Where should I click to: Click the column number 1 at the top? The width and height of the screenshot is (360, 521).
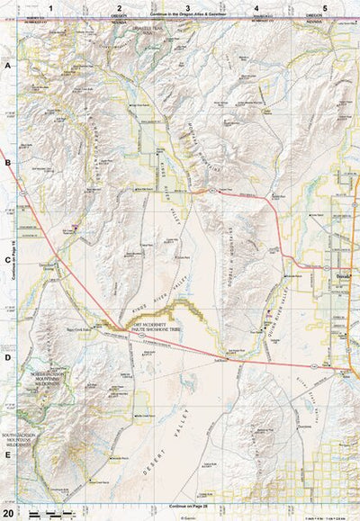pos(50,7)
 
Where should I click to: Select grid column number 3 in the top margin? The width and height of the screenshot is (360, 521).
pos(187,7)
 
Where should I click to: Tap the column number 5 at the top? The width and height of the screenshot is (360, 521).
pos(324,7)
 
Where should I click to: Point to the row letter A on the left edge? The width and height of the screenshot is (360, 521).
pos(7,67)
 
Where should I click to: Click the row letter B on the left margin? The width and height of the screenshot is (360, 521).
pos(7,163)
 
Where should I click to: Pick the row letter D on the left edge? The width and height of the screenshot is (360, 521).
pos(7,357)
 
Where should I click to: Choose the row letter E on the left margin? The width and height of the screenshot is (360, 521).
pos(7,454)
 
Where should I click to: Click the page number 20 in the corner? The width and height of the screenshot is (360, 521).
pos(8,513)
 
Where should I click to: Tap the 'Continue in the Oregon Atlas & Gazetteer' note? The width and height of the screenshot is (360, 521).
pos(187,16)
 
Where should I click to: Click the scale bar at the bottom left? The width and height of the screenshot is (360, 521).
pos(49,513)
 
